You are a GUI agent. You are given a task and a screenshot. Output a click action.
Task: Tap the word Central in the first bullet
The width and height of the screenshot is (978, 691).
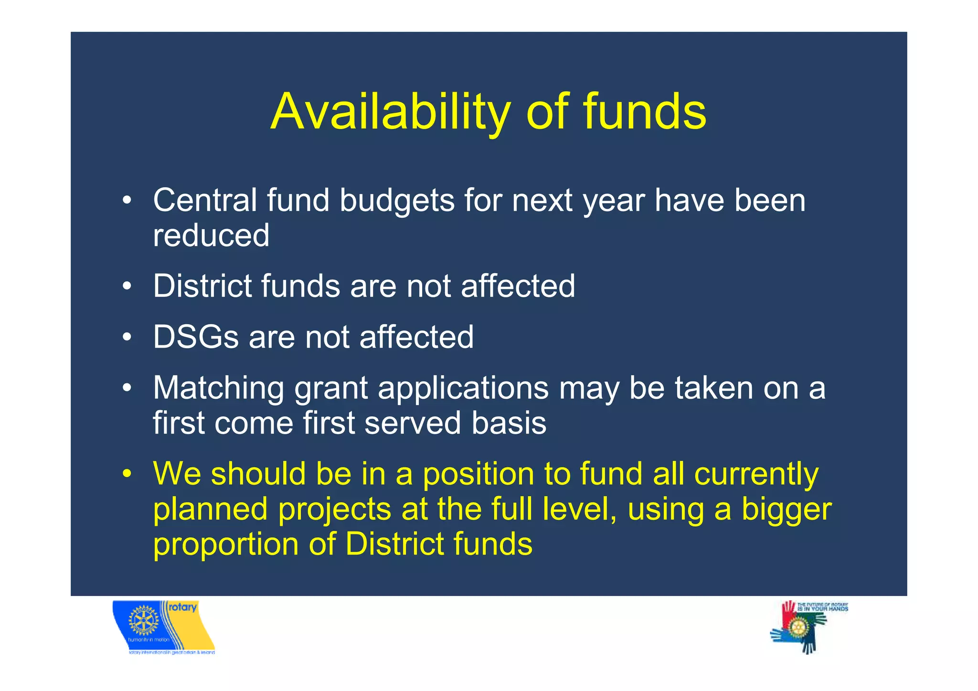(x=205, y=200)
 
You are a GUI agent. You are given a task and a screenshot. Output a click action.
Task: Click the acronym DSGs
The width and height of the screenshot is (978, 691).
(x=195, y=337)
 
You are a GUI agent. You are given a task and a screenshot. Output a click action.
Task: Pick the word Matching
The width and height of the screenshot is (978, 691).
(x=219, y=388)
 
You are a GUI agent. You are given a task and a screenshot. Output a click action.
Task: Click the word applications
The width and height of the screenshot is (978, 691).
(x=463, y=388)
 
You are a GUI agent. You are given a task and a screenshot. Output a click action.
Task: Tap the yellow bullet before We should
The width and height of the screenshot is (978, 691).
(x=126, y=474)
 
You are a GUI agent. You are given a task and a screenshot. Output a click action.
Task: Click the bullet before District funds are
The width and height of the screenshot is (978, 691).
(x=126, y=287)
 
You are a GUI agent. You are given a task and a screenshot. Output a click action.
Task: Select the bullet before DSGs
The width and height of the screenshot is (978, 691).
(x=126, y=337)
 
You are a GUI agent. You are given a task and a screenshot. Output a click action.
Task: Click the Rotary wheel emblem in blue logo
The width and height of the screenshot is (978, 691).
(x=143, y=621)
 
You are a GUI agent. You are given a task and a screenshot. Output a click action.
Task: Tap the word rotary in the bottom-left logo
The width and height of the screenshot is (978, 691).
(x=182, y=607)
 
